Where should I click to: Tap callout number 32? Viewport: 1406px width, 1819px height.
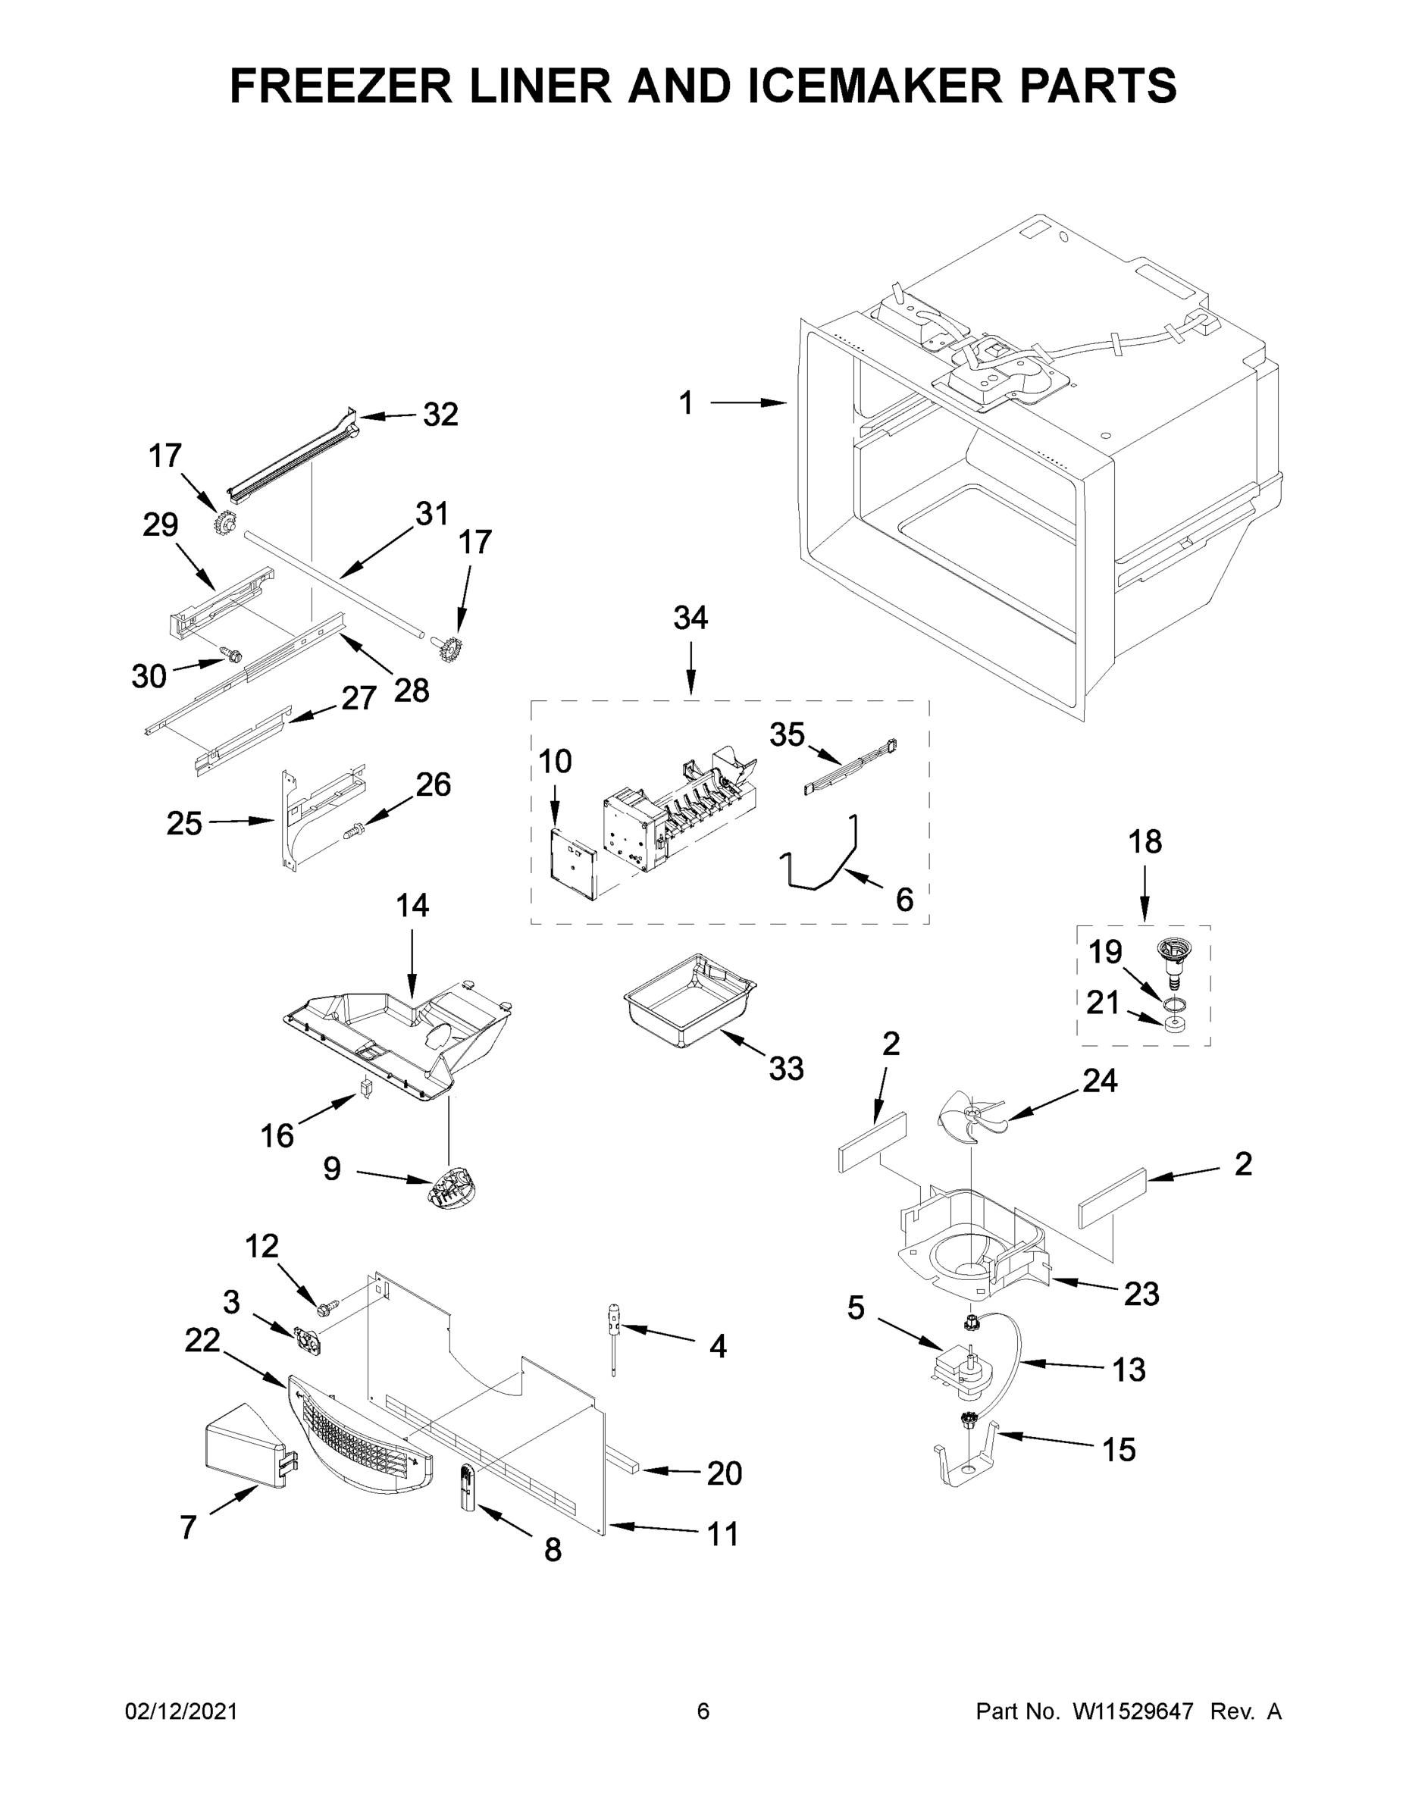pos(440,414)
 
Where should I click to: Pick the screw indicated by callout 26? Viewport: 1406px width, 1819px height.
pos(354,831)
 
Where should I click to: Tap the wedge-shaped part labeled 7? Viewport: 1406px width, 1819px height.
pos(243,1454)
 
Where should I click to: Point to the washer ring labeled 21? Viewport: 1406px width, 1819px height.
pos(1173,1022)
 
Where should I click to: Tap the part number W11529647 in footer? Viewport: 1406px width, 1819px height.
pos(1133,1711)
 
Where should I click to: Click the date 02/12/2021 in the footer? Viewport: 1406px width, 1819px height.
pos(180,1711)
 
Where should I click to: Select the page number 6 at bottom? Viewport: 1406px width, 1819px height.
pos(703,1711)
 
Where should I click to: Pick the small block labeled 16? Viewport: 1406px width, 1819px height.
pos(365,1088)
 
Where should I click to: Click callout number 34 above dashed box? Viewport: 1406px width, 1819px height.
pos(690,618)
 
